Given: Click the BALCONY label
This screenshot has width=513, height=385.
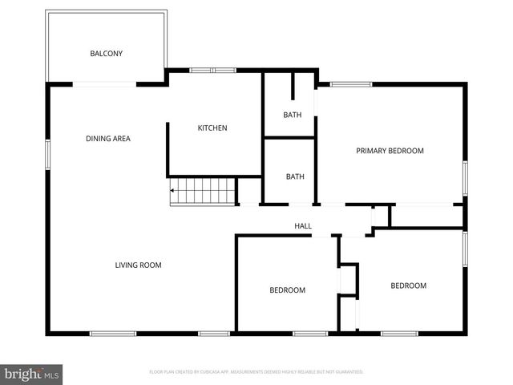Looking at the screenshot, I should point(106,54).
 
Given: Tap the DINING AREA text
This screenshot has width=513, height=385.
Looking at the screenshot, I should point(108,139).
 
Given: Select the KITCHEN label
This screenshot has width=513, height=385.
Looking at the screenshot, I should point(212,128).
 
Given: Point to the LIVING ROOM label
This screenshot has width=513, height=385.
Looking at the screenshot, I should point(138,265).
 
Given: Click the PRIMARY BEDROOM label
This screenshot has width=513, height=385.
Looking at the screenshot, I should point(390,151).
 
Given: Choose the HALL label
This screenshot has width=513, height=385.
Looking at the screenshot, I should point(303,226).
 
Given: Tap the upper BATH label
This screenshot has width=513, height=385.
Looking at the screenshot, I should point(293,115).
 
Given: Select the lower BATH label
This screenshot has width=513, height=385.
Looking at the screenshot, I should point(295,177).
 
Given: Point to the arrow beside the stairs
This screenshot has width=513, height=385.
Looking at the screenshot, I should point(172,191).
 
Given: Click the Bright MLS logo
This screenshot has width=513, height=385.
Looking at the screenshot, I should point(32,374).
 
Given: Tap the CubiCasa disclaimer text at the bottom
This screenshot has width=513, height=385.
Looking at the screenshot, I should point(256,372).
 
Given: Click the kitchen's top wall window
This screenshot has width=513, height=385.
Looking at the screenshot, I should point(212,71).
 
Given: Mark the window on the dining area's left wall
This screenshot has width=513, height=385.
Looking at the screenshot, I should point(47,153).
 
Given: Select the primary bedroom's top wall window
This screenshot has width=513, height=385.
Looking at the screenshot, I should point(351,83).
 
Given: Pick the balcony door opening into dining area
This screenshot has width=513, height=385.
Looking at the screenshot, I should point(105,83).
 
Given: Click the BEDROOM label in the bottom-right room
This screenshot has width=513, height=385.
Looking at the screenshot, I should point(408,286).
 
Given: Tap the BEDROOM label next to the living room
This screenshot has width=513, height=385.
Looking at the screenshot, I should point(287,290).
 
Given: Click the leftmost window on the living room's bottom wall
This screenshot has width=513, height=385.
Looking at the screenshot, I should point(112,333).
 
